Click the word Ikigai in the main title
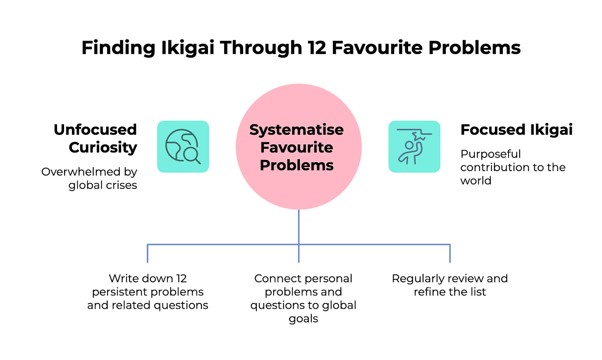pos(188,48)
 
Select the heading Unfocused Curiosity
pos(96,138)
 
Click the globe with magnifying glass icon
pos(183,147)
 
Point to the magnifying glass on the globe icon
pos(191,155)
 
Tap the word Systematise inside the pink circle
pos(296,130)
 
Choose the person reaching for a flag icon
pos(414,147)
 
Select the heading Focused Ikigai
pos(516,130)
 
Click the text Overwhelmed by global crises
pos(90,178)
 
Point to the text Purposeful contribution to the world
pos(513,167)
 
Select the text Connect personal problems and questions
pos(303,291)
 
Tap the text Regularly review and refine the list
pos(450,285)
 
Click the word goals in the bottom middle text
pos(303,319)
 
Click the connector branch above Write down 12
pos(148,253)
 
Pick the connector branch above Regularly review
pos(450,253)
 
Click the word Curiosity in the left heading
pos(103,148)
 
